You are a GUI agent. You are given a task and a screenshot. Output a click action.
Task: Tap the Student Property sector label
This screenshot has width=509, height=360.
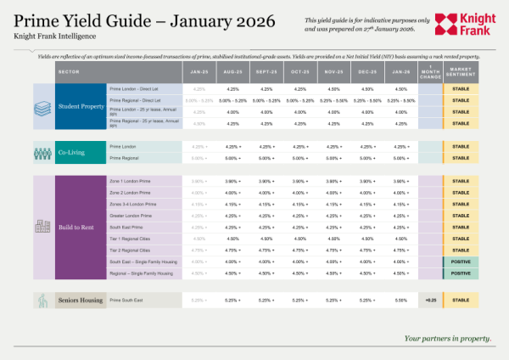click(x=81, y=106)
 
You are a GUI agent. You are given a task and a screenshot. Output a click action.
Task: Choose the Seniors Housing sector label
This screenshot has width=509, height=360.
click(x=81, y=300)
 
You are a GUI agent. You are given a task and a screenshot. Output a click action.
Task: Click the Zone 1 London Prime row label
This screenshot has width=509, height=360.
click(x=131, y=181)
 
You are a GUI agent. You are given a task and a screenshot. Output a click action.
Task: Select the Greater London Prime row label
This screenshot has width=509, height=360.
click(x=132, y=216)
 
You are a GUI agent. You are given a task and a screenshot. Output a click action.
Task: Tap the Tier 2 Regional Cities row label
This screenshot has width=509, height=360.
click(x=132, y=250)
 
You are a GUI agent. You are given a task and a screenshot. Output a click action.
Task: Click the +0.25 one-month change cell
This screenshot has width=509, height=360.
click(x=431, y=300)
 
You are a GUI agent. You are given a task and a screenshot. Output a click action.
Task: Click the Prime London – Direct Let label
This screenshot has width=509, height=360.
click(x=137, y=87)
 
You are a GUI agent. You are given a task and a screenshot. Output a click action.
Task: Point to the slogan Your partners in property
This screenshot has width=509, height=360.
click(x=447, y=338)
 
